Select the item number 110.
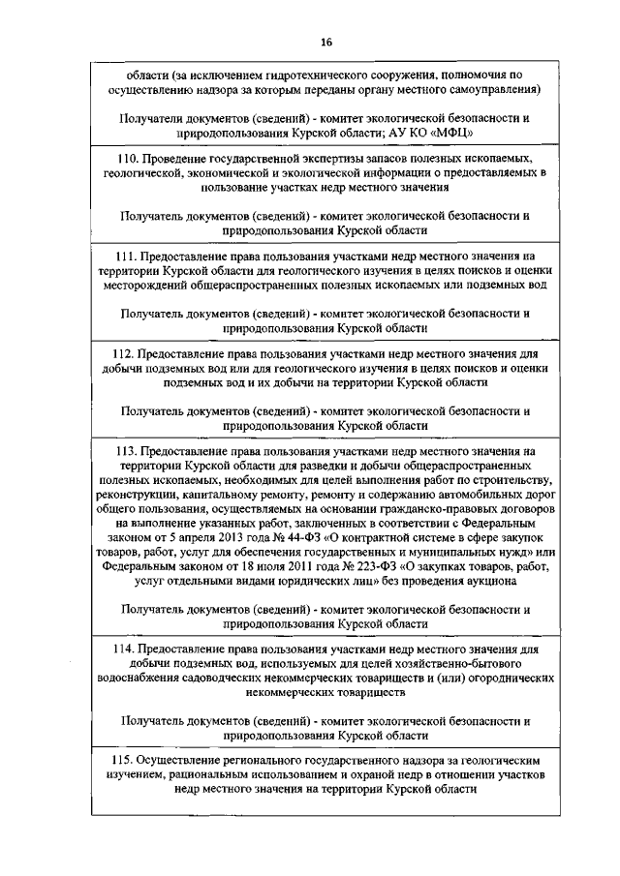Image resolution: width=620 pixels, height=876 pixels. tap(126, 157)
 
